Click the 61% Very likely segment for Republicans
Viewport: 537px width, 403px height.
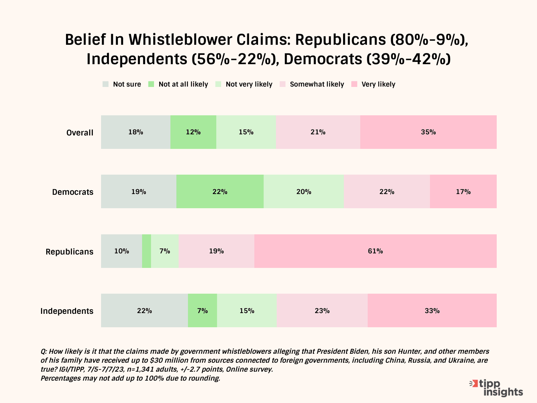pyautogui.click(x=375, y=251)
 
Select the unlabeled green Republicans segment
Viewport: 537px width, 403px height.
pyautogui.click(x=147, y=251)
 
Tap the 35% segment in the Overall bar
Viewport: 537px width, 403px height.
pyautogui.click(x=428, y=132)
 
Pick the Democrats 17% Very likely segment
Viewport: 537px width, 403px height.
pyautogui.click(x=463, y=191)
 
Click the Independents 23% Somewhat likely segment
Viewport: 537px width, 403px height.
pyautogui.click(x=322, y=310)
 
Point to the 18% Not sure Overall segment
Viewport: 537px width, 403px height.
pyautogui.click(x=136, y=132)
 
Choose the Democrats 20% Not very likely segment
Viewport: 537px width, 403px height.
pyautogui.click(x=304, y=191)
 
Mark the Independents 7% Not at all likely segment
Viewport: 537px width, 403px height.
pyautogui.click(x=202, y=310)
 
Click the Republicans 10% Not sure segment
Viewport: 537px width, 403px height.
pyautogui.click(x=122, y=251)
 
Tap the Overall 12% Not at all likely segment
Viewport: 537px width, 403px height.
pyautogui.click(x=193, y=132)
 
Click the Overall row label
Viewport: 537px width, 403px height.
pyautogui.click(x=80, y=132)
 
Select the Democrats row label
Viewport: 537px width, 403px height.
pyautogui.click(x=73, y=192)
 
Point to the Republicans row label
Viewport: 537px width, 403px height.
pyautogui.click(x=69, y=252)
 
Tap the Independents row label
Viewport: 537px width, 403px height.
pyautogui.click(x=67, y=311)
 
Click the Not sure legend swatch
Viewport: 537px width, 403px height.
pyautogui.click(x=106, y=84)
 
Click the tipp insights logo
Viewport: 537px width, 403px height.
pyautogui.click(x=496, y=388)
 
